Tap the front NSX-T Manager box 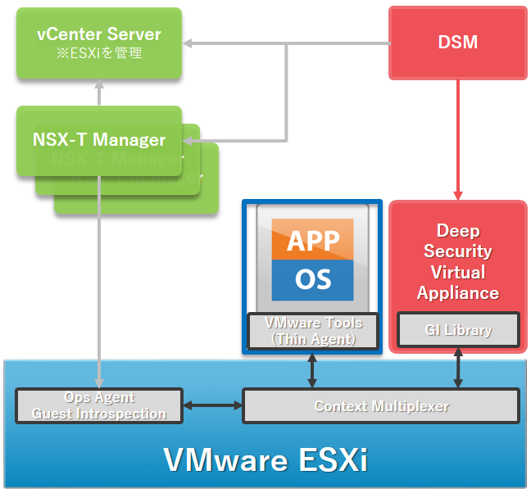(99, 140)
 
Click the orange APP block (314, 241)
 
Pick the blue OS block (314, 279)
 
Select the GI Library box (458, 331)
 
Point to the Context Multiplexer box (381, 406)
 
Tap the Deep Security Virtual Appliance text (458, 261)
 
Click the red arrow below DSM (458, 139)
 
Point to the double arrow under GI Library (458, 370)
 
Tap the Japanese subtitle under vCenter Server (99, 53)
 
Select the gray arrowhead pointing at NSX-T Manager (189, 141)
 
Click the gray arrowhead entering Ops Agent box (99, 381)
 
